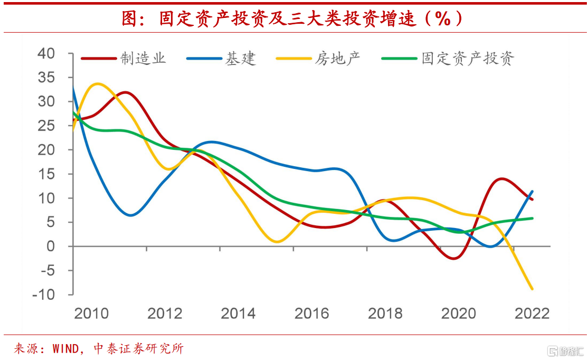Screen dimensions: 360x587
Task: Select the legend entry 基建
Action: [x=240, y=58]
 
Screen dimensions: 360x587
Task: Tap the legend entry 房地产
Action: [x=337, y=58]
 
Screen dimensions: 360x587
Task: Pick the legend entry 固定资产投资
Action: [x=467, y=58]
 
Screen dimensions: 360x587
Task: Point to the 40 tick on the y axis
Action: [x=46, y=53]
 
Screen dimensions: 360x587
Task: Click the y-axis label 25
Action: [x=46, y=126]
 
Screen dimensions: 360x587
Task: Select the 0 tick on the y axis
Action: [x=50, y=247]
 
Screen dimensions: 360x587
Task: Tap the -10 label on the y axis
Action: [x=43, y=295]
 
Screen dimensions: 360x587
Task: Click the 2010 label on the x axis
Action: [x=91, y=314]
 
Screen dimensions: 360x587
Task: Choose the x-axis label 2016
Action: [x=311, y=314]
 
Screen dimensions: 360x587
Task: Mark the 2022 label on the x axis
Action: [x=532, y=314]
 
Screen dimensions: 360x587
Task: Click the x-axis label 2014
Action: [x=238, y=314]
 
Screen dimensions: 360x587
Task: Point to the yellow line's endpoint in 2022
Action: [x=532, y=289]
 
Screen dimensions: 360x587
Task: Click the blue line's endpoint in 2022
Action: [x=532, y=192]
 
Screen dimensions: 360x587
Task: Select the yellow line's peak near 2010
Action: [x=98, y=84]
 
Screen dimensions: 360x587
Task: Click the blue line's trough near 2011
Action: [x=130, y=215]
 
